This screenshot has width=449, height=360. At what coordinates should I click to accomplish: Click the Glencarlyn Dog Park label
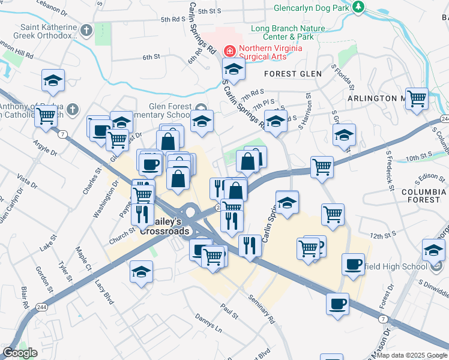tap(311, 8)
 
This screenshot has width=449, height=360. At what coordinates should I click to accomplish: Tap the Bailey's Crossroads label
tap(164, 226)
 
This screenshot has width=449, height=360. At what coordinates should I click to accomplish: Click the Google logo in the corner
tap(20, 353)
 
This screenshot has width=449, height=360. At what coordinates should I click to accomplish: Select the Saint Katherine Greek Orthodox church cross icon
tap(86, 29)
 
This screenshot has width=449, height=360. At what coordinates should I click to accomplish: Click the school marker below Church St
tap(141, 272)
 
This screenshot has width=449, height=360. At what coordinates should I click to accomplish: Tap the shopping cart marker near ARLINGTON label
tap(417, 98)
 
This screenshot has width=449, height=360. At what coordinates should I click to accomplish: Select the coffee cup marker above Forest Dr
tap(353, 265)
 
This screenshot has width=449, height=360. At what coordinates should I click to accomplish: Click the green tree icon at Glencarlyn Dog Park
tap(358, 7)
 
